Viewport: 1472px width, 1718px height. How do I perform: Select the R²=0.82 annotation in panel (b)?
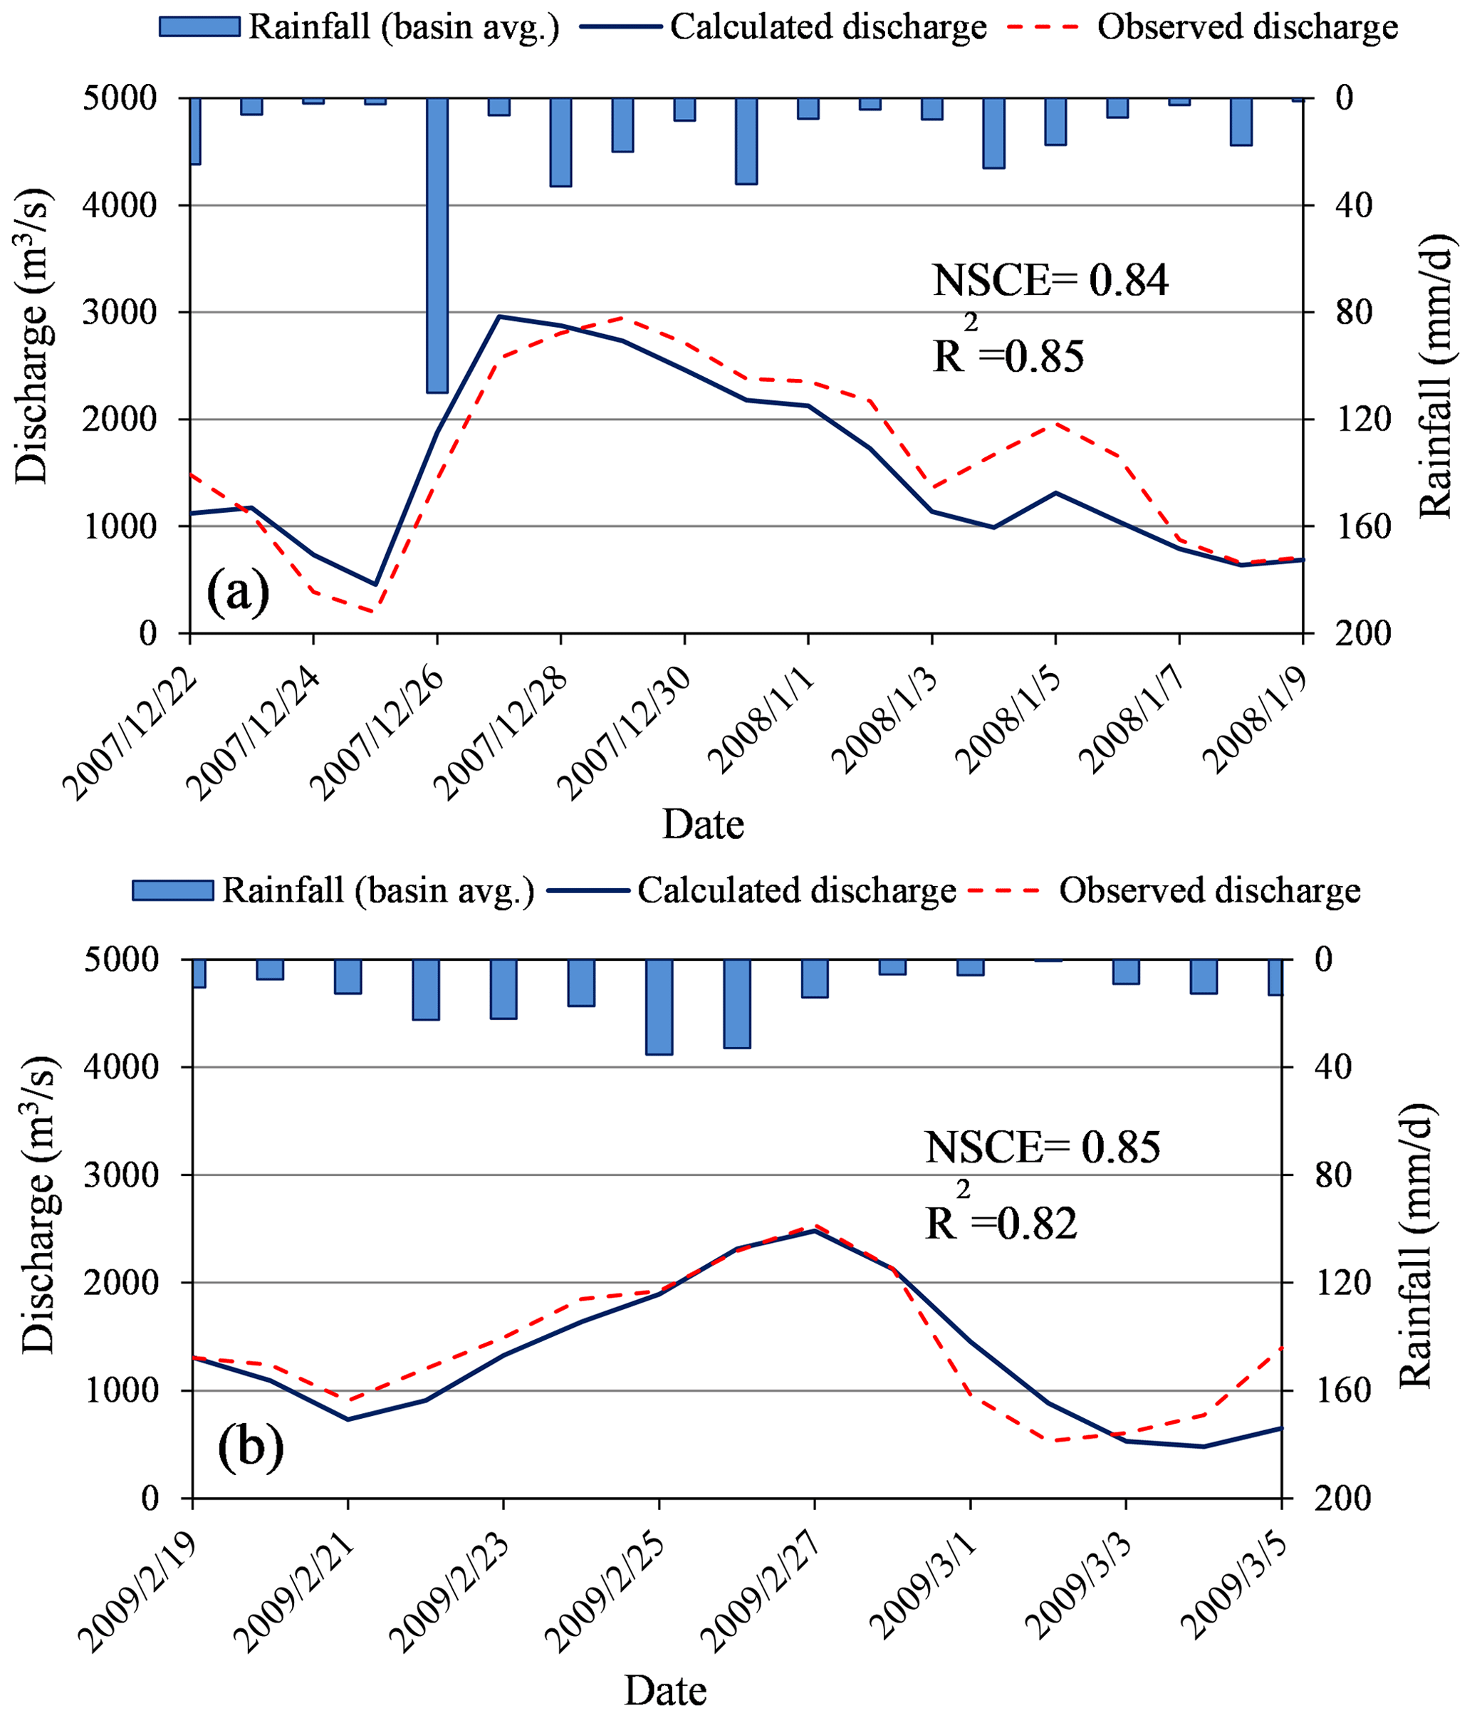pos(1001,1224)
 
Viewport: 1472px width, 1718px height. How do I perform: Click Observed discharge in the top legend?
pos(1248,27)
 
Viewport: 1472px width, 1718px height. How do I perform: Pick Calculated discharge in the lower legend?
pos(796,890)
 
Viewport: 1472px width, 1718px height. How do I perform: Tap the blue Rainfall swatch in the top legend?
pos(199,26)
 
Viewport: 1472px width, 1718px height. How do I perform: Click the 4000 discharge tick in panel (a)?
pos(120,206)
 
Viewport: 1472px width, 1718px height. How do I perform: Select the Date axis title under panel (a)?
pos(703,824)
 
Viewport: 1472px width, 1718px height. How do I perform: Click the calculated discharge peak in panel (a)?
pos(500,316)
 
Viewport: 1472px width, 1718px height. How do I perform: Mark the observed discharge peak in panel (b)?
pos(815,1226)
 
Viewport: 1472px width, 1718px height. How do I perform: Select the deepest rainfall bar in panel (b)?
pos(659,1006)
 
